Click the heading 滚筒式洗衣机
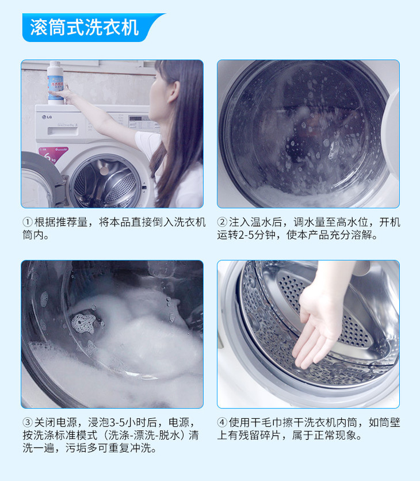85,28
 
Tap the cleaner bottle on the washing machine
56,82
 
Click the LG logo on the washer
47,117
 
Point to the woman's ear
173,91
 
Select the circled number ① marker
27,222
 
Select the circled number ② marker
222,222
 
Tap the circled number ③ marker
27,422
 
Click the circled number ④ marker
222,422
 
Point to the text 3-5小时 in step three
128,422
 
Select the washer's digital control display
135,119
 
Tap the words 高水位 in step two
353,222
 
